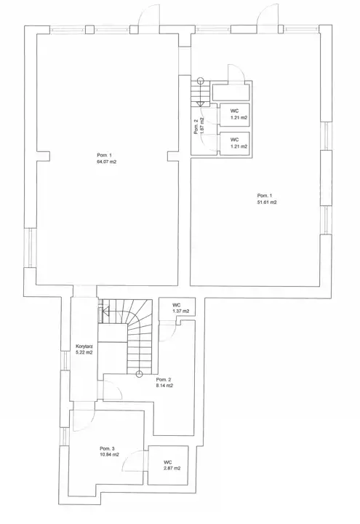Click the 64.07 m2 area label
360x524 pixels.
[106, 162]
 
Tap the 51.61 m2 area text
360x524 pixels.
[266, 202]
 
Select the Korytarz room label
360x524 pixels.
[84, 346]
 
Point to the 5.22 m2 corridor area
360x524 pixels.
[84, 352]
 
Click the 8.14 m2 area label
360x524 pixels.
[164, 385]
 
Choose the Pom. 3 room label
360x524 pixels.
[107, 448]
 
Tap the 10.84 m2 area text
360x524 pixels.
[109, 454]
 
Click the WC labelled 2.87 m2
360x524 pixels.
[168, 465]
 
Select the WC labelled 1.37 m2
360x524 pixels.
[177, 308]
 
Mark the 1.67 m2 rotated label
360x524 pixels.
[202, 127]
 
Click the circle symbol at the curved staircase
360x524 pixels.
[140, 374]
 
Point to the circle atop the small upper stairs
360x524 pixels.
[200, 81]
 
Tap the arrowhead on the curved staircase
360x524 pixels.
[106, 313]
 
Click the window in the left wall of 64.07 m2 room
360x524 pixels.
[30, 247]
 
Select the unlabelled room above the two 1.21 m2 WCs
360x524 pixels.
[231, 92]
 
